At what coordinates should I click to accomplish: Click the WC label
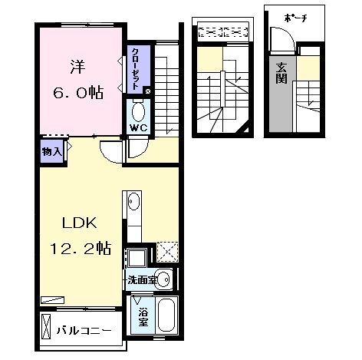point(137,127)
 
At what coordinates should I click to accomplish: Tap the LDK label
point(74,225)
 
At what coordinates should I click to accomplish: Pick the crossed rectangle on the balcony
point(46,325)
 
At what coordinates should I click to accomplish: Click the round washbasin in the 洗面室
point(162,278)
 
